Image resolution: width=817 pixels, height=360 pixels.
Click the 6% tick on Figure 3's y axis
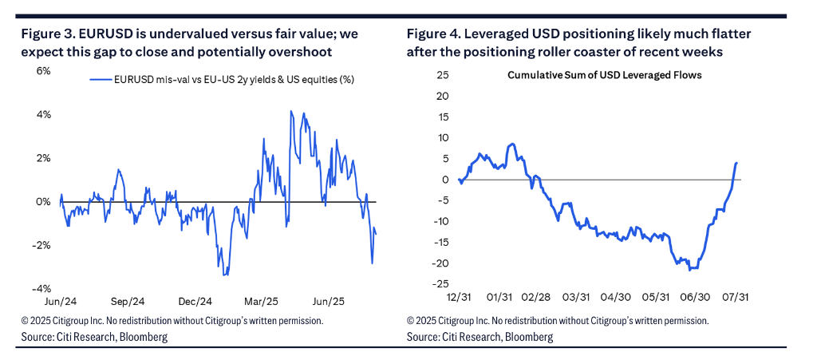point(43,71)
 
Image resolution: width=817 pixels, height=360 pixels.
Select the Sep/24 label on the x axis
point(128,303)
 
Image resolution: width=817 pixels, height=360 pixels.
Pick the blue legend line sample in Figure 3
point(100,80)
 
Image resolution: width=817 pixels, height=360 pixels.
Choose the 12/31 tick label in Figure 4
point(460,297)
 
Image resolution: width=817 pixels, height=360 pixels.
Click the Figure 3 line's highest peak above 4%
point(291,111)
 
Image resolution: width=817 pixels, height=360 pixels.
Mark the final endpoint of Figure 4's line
point(736,163)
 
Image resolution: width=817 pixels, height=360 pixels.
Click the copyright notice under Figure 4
point(557,321)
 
